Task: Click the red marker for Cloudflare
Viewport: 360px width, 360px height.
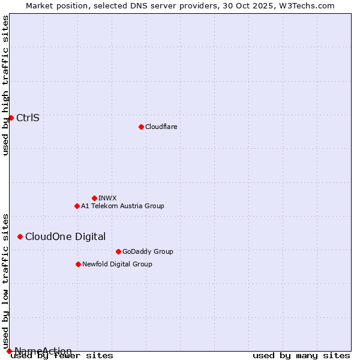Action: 141,127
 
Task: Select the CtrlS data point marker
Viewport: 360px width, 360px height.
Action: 11,118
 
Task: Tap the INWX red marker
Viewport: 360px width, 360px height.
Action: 94,198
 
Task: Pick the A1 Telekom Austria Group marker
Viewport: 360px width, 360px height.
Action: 77,206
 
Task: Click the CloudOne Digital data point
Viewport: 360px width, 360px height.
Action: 20,236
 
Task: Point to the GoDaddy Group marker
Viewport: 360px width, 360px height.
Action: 118,251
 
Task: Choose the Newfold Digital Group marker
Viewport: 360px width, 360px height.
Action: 78,264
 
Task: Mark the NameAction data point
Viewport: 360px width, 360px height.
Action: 9,351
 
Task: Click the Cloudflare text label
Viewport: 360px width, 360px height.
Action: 161,127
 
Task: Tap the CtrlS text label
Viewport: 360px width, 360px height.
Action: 28,118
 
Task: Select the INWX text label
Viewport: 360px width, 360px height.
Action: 107,198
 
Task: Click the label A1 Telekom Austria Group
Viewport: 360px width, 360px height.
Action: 122,206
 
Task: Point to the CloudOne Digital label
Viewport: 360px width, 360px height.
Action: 65,236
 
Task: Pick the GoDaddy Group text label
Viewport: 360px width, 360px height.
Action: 148,251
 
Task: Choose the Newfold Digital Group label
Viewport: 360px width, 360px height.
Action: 117,264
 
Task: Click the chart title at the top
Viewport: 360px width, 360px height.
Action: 180,5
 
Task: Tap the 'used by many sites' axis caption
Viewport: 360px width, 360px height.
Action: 301,355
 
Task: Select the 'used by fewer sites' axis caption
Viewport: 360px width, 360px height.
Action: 62,355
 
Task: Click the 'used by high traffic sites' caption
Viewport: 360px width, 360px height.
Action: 5,85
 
